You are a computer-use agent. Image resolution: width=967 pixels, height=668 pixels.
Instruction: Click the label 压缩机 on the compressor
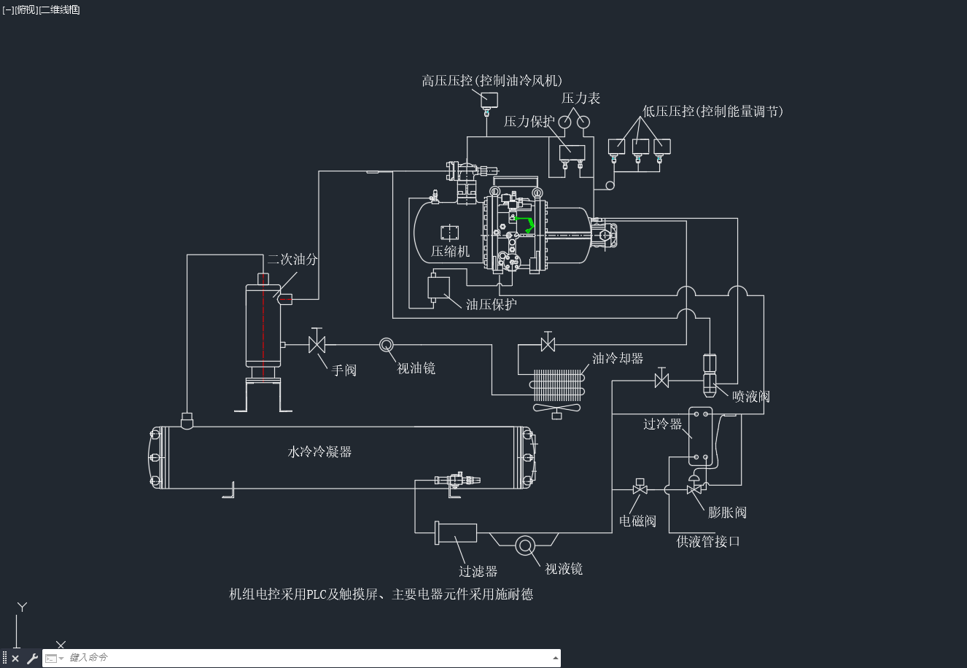click(x=450, y=252)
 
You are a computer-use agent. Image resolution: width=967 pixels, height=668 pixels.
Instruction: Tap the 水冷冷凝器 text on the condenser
click(x=319, y=451)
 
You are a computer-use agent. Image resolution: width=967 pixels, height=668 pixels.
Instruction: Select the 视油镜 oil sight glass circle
click(x=387, y=345)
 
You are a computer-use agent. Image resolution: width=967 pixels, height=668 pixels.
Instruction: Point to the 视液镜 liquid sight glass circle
click(x=525, y=545)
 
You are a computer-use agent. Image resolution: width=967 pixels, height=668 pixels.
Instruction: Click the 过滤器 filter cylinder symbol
click(x=456, y=533)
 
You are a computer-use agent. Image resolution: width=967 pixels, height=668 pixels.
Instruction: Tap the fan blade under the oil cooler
click(x=556, y=408)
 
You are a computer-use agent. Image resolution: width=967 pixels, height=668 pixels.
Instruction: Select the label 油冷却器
click(x=618, y=358)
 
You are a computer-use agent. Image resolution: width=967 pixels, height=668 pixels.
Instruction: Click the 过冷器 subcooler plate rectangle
click(x=700, y=436)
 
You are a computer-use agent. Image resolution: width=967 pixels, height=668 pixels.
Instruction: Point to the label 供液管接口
click(x=708, y=542)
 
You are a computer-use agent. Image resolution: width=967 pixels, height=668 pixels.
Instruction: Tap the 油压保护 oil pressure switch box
click(x=438, y=288)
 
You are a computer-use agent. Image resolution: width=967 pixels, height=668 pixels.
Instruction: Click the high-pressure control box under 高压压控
click(x=489, y=100)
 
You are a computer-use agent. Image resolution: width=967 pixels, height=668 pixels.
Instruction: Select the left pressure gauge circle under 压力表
click(x=564, y=123)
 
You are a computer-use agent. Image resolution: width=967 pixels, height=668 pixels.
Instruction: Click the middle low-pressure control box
click(x=640, y=147)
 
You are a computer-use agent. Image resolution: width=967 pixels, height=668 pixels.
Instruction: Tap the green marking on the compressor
click(x=525, y=224)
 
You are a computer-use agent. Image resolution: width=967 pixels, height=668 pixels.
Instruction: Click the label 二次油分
click(x=292, y=259)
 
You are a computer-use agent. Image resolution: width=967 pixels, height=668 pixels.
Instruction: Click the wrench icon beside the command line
click(x=32, y=658)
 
